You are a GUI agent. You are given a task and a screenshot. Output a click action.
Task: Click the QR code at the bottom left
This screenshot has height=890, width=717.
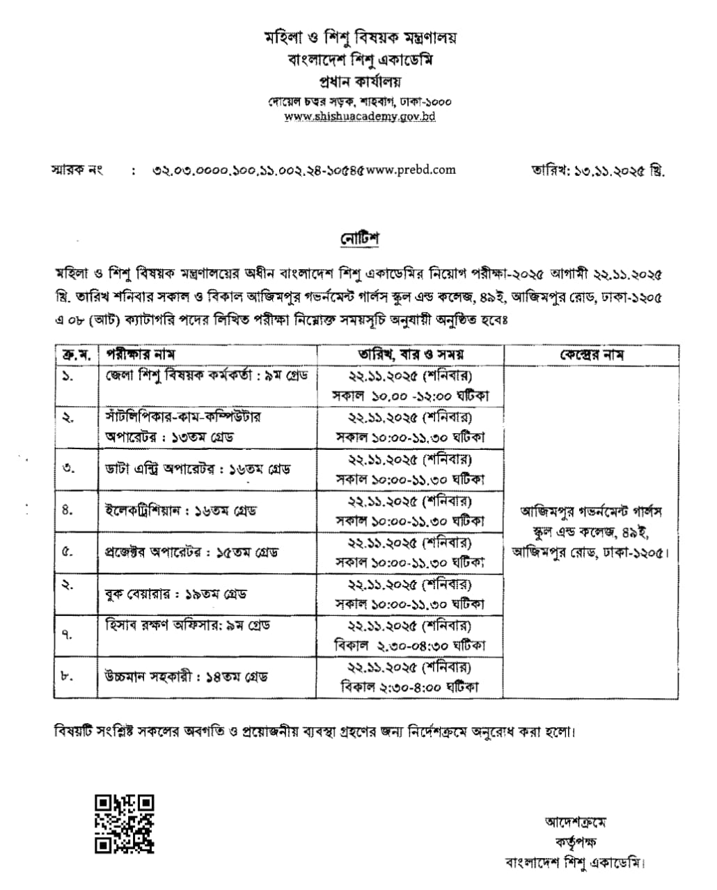click(125, 823)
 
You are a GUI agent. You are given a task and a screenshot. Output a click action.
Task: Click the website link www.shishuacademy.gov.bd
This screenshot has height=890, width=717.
click(360, 117)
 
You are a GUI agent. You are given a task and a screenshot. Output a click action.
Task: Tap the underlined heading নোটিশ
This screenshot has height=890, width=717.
click(359, 238)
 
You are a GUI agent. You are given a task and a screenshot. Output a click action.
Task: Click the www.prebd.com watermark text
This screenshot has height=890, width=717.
click(411, 169)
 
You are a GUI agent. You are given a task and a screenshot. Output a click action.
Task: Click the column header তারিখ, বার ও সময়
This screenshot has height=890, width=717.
click(411, 354)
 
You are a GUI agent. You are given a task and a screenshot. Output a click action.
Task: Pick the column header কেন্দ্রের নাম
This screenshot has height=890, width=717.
click(591, 354)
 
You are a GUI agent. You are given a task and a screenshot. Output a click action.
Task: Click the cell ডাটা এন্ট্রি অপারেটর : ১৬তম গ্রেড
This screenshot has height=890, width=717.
click(193, 469)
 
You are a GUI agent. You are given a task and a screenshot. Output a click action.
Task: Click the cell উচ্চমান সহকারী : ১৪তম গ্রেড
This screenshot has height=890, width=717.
click(186, 677)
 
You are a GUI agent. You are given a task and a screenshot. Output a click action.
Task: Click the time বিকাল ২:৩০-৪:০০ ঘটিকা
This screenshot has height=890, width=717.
click(410, 687)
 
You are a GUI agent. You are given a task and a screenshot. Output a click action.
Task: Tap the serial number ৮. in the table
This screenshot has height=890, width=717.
click(68, 677)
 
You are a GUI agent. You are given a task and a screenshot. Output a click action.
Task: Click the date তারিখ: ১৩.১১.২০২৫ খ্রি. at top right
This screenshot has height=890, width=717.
click(597, 170)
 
